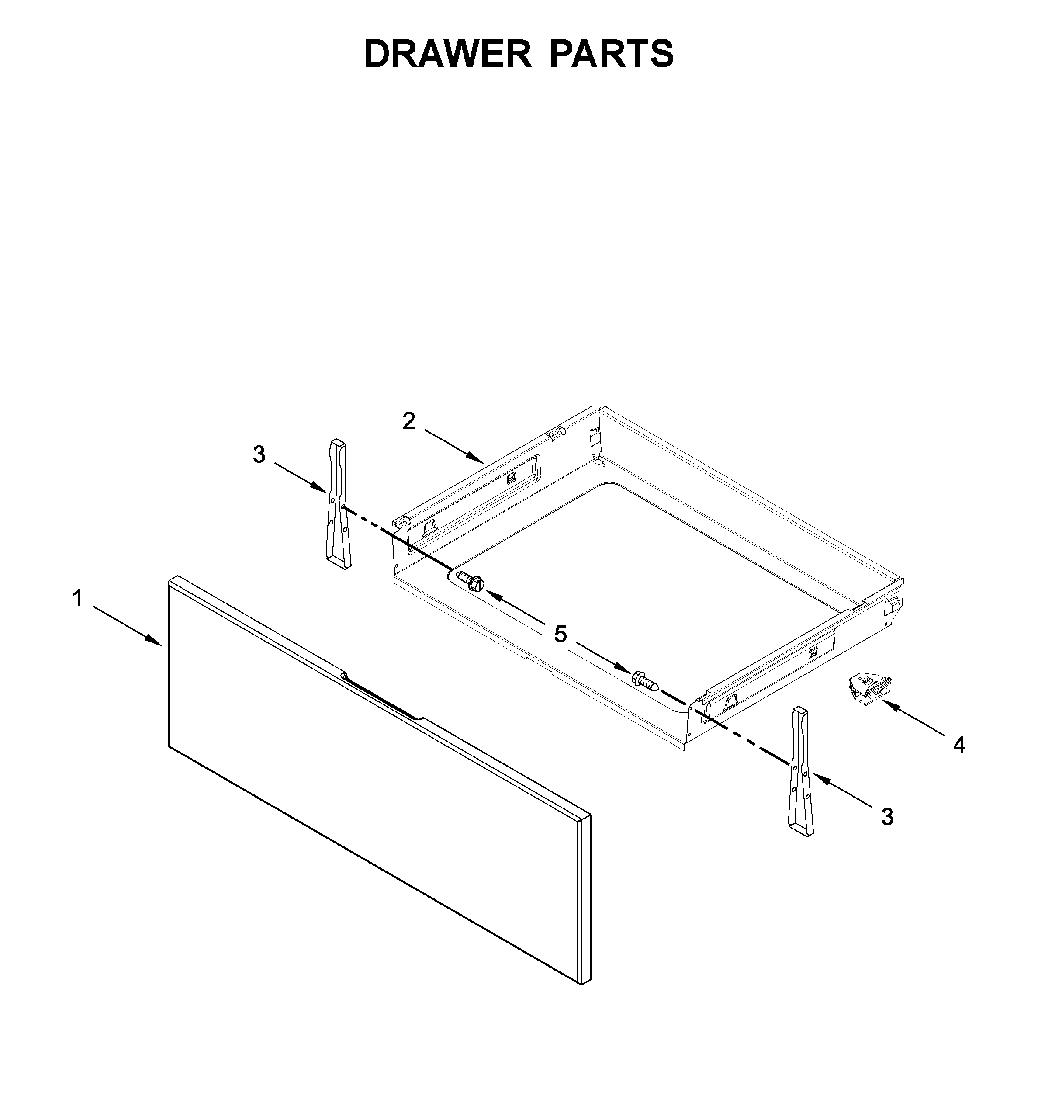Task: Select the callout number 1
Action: [78, 598]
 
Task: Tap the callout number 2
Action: [408, 422]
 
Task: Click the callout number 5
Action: [561, 635]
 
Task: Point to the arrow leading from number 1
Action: [127, 626]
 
